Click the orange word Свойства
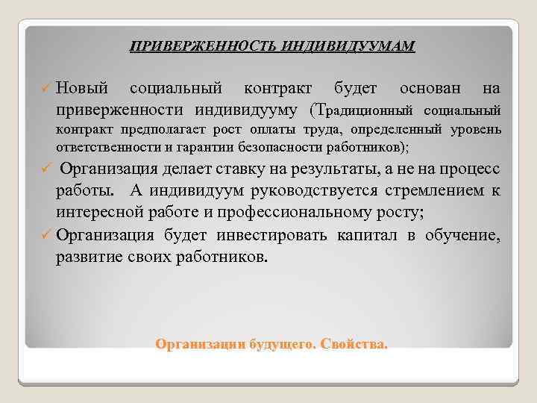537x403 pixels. click(355, 346)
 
